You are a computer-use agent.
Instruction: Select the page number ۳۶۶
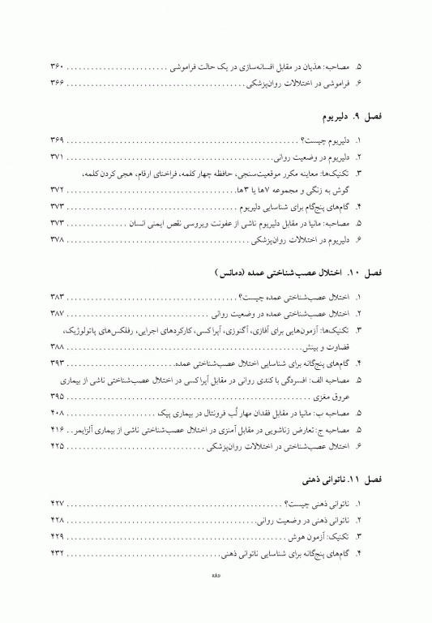61,83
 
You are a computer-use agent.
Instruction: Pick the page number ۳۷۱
61,157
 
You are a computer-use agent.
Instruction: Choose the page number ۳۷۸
61,240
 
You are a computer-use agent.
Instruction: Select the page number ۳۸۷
61,314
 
